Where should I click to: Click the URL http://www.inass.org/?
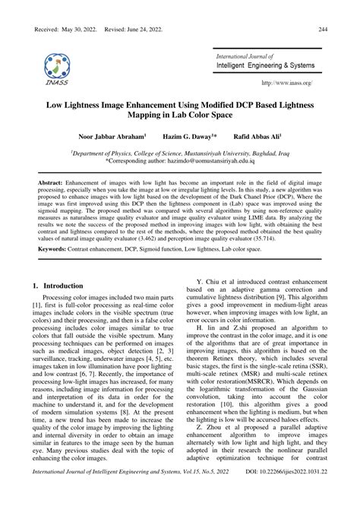[292, 83]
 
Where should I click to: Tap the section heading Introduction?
[64, 307]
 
